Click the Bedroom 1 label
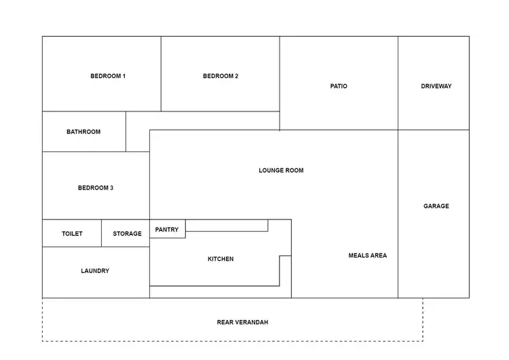click(108, 76)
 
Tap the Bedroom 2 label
click(221, 76)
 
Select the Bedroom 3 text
click(96, 188)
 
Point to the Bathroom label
click(83, 132)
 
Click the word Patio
click(339, 86)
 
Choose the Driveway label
click(436, 86)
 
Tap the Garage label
click(436, 206)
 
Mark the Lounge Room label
click(281, 170)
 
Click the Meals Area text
click(367, 255)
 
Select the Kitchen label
click(221, 259)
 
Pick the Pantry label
click(167, 230)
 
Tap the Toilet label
click(72, 234)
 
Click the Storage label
click(127, 234)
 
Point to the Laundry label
click(95, 271)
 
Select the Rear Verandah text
click(242, 323)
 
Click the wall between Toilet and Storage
click(102, 233)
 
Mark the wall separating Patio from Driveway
click(398, 83)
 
